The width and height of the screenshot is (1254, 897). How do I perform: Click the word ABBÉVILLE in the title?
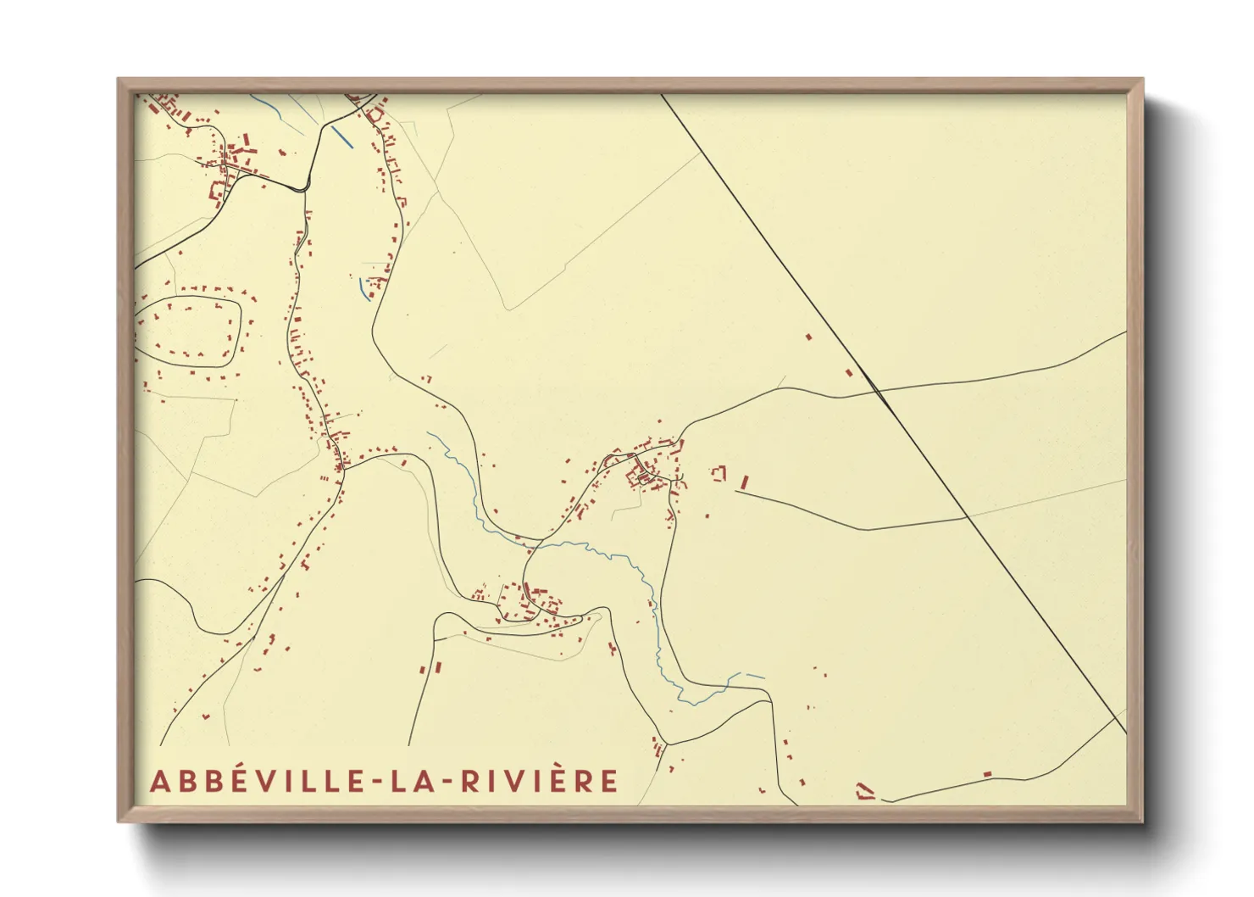pos(255,781)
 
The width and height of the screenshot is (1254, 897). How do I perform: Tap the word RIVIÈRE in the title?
pos(540,781)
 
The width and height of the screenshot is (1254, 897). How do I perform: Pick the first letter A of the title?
pos(158,782)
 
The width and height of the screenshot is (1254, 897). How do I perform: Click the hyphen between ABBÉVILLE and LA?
pos(375,782)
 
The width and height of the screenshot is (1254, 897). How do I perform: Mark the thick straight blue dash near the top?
pos(342,136)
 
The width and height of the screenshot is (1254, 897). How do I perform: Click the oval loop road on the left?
pos(241,322)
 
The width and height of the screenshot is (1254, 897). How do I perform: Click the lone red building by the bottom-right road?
pos(987,774)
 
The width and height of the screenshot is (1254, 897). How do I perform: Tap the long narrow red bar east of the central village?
pos(745,482)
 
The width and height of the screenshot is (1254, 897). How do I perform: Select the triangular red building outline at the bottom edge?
pos(863,792)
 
